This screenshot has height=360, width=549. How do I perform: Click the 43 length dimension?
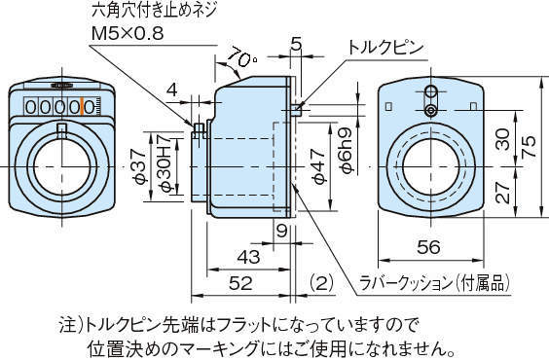tap(249, 257)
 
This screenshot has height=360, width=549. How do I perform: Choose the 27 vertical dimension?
tap(502, 193)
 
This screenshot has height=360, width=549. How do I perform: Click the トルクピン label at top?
tap(387, 46)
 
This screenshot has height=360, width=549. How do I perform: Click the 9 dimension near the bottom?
tap(280, 230)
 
